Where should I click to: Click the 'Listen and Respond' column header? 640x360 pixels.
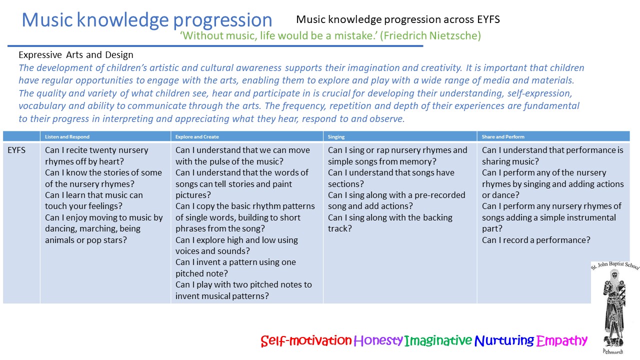click(67, 137)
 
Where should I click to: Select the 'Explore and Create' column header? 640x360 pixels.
click(197, 137)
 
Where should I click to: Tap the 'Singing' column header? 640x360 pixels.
click(336, 137)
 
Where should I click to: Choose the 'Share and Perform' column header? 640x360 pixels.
click(503, 137)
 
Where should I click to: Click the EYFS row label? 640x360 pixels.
click(16, 150)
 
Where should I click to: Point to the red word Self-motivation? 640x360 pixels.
click(306, 340)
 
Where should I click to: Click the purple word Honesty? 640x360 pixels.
click(378, 340)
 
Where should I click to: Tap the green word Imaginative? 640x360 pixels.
click(438, 340)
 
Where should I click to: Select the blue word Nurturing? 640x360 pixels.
click(504, 340)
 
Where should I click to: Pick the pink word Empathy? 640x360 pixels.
click(561, 340)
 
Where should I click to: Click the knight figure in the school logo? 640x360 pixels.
click(614, 308)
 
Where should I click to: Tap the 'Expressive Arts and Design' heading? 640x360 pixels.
click(76, 55)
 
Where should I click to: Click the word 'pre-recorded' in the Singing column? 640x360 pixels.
click(440, 195)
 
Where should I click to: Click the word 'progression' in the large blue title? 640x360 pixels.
click(222, 20)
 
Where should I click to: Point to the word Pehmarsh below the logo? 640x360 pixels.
click(613, 351)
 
